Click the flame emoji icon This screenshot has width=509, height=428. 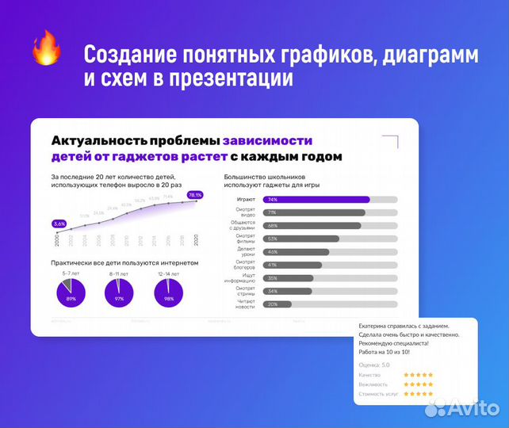tap(46, 48)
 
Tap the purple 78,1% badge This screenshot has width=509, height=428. tap(195, 194)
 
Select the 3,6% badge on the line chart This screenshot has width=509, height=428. tap(59, 224)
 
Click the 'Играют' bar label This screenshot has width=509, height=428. tap(245, 200)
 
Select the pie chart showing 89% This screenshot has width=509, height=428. tap(71, 294)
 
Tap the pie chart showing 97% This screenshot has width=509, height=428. tap(120, 294)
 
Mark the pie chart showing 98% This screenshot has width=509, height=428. tap(169, 294)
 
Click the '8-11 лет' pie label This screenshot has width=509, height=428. tap(120, 273)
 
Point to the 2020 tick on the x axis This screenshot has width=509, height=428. tap(195, 240)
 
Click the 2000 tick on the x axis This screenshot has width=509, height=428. tap(58, 240)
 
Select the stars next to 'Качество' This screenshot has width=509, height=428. tap(418, 374)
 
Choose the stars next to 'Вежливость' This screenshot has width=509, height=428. tap(418, 384)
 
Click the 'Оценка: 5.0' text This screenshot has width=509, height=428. tap(374, 365)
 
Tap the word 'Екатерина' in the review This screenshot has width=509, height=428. tap(377, 326)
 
